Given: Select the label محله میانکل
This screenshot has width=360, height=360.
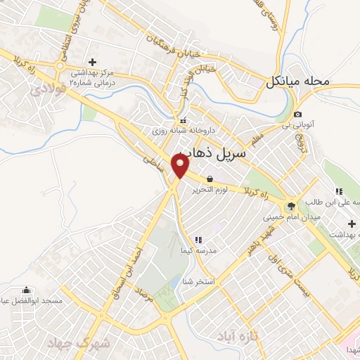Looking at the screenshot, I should click(x=297, y=82).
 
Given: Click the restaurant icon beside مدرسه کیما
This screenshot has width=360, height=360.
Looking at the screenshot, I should click(x=198, y=240).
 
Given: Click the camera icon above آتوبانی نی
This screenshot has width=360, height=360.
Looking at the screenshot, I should click(x=298, y=115).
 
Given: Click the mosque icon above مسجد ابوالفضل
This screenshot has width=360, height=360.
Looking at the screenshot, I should click(x=27, y=290).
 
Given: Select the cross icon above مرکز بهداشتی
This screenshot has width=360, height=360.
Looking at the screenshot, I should click(x=92, y=62).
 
